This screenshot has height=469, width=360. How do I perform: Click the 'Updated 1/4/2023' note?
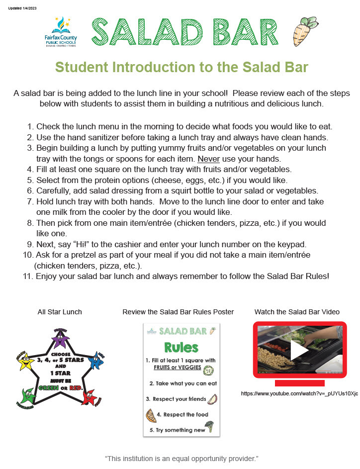[22, 8]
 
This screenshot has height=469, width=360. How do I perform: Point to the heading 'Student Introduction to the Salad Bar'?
[181, 67]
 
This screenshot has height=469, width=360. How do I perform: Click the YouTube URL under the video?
[299, 393]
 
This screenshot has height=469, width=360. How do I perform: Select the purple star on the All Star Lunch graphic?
[60, 341]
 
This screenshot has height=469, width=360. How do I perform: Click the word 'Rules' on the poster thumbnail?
[181, 347]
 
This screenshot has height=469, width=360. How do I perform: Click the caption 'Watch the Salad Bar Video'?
[297, 312]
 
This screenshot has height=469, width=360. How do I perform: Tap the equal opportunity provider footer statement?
[181, 458]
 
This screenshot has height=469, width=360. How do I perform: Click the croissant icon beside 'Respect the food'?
[151, 415]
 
